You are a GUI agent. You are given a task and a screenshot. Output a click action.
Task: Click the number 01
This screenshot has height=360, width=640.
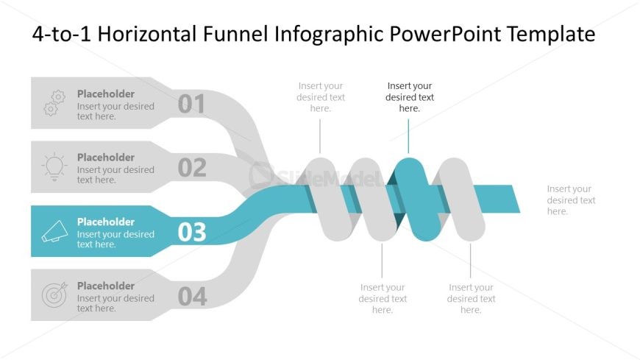tap(191, 105)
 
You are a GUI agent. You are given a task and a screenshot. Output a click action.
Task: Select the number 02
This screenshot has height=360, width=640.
tap(192, 169)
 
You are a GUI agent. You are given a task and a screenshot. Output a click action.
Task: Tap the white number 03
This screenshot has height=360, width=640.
tap(192, 233)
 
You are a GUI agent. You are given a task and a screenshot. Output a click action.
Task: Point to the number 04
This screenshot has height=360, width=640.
tap(192, 297)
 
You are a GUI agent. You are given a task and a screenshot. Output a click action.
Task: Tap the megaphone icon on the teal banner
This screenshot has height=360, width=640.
tap(54, 232)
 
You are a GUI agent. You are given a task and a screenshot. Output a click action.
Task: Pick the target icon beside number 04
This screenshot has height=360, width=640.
tap(54, 295)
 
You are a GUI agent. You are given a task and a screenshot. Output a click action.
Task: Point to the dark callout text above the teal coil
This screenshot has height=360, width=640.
tap(409, 97)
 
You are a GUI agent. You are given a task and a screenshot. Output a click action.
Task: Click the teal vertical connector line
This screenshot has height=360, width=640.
tap(408, 136)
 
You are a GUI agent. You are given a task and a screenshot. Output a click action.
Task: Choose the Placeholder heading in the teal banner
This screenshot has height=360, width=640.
tap(106, 222)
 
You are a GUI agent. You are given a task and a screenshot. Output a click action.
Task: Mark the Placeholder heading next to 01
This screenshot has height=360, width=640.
tap(106, 93)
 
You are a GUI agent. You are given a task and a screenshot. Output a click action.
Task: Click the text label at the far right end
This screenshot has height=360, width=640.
tap(571, 200)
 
